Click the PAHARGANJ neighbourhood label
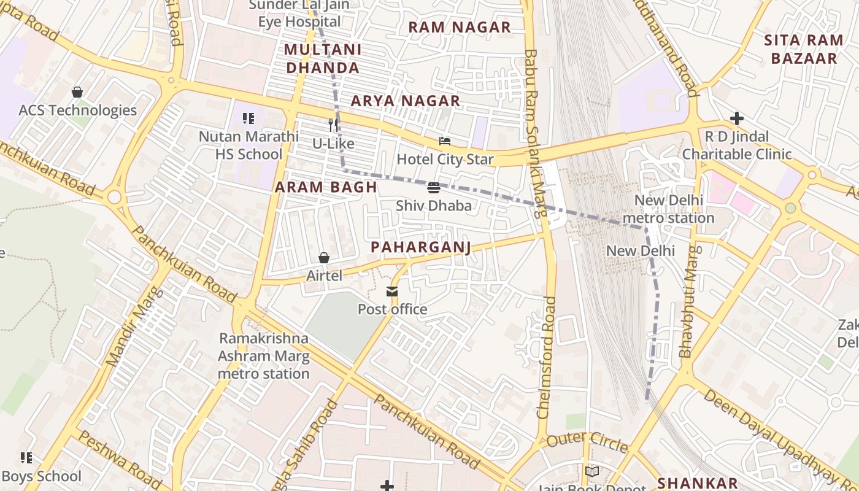pyautogui.click(x=421, y=247)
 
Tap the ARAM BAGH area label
pyautogui.click(x=325, y=187)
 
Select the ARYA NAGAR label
pyautogui.click(x=405, y=101)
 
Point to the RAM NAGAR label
pyautogui.click(x=460, y=27)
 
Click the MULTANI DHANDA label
pyautogui.click(x=323, y=58)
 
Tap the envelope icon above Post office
pyautogui.click(x=392, y=292)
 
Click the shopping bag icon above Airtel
pyautogui.click(x=324, y=258)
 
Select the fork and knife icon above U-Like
pyautogui.click(x=333, y=125)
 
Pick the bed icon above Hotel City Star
pyautogui.click(x=445, y=141)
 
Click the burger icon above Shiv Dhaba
pyautogui.click(x=434, y=187)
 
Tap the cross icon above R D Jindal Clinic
pyautogui.click(x=737, y=118)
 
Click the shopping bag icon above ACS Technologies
pyautogui.click(x=77, y=92)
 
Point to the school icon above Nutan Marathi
pyautogui.click(x=248, y=118)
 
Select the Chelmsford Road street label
pyautogui.click(x=545, y=358)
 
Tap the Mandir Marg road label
pyautogui.click(x=132, y=327)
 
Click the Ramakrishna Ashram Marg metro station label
pyautogui.click(x=264, y=356)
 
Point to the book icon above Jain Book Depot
pyautogui.click(x=592, y=471)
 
